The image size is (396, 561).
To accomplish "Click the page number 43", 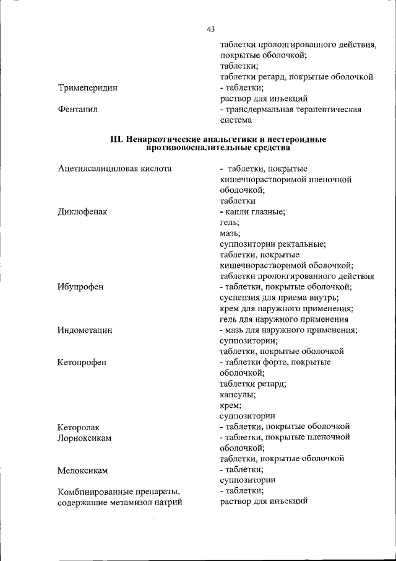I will pyautogui.click(x=211, y=29).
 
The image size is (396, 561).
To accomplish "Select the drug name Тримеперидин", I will pyautogui.click(x=87, y=88).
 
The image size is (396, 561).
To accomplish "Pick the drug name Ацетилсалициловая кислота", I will pyautogui.click(x=114, y=169).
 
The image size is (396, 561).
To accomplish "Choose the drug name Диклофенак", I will pyautogui.click(x=83, y=211).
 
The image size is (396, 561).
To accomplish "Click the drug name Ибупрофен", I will pyautogui.click(x=81, y=287).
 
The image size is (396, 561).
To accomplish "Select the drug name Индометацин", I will pyautogui.click(x=85, y=330).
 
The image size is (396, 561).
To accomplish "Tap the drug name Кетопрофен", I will pyautogui.click(x=82, y=362).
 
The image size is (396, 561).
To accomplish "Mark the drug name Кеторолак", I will pyautogui.click(x=79, y=427).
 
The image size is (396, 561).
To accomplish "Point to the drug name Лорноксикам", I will pyautogui.click(x=85, y=438).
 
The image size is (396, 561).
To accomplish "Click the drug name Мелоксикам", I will pyautogui.click(x=83, y=470).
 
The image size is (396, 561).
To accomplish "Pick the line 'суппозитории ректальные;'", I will pyautogui.click(x=273, y=244).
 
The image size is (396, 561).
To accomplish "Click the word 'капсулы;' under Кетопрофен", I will pyautogui.click(x=238, y=394).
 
